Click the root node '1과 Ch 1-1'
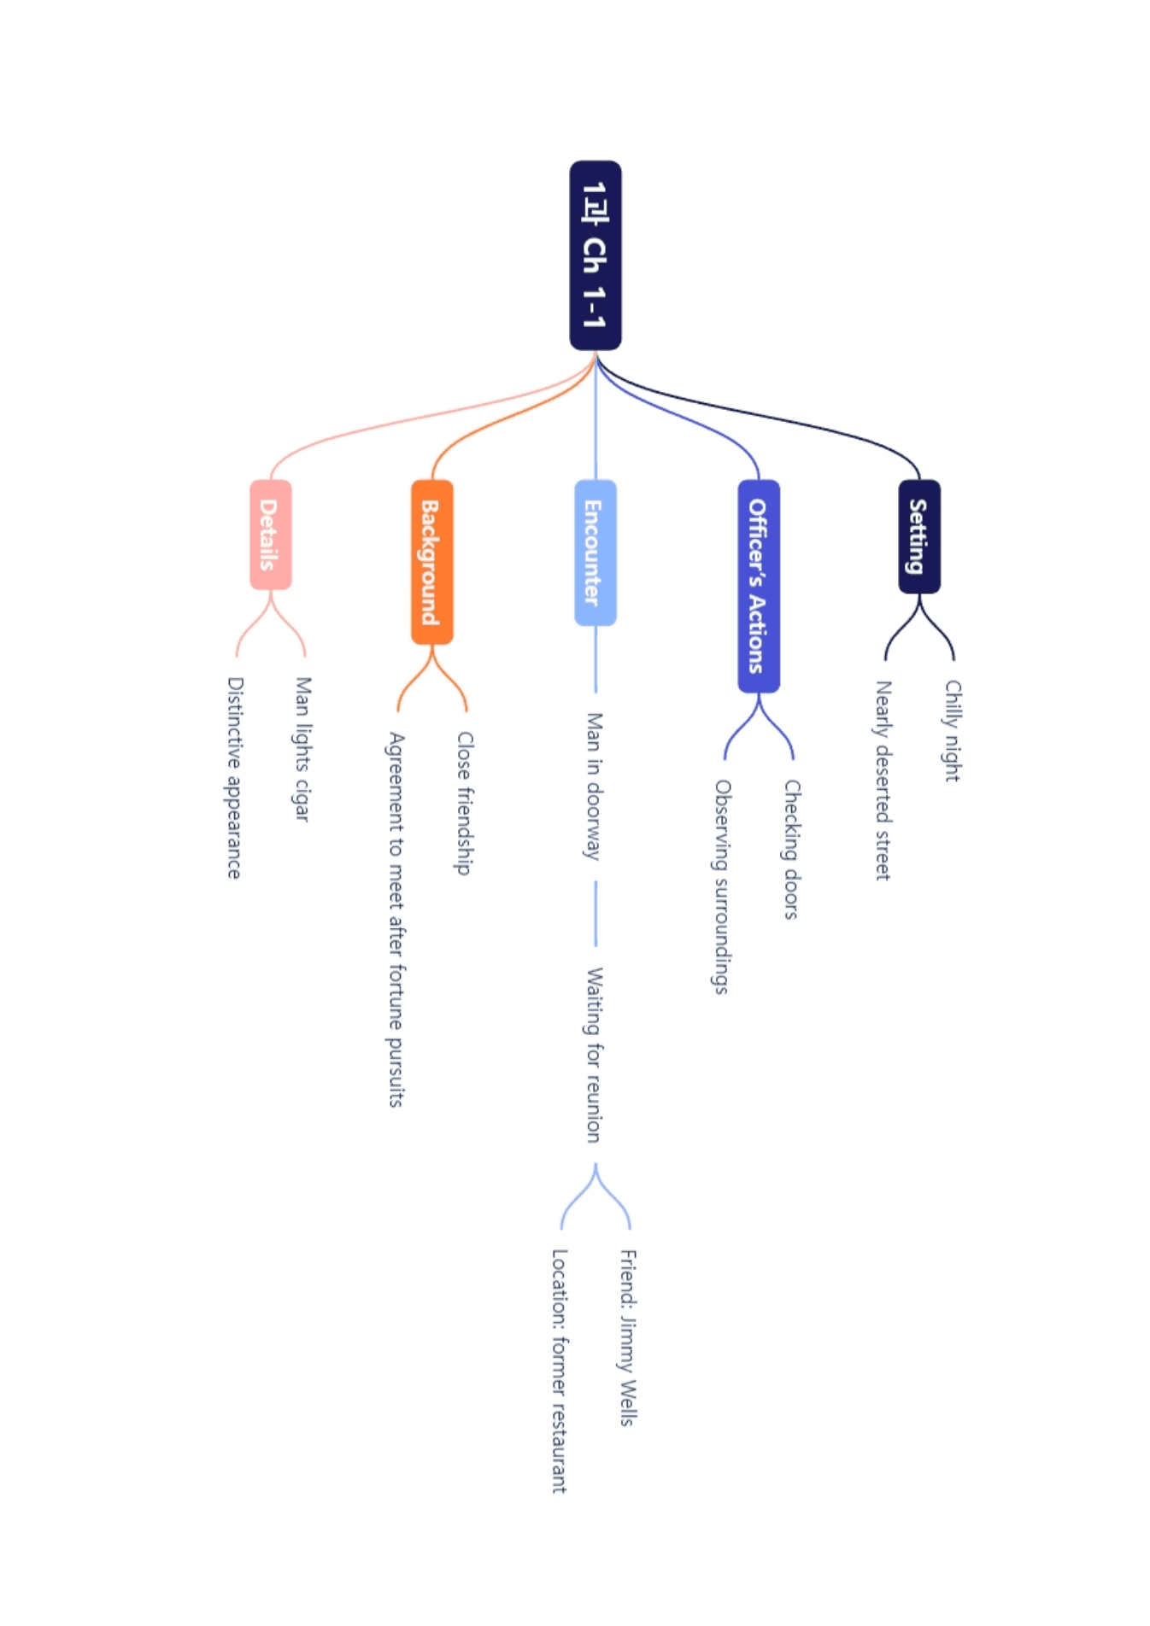[x=596, y=255]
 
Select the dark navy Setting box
[x=919, y=536]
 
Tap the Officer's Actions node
[x=759, y=586]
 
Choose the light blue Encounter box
[x=596, y=553]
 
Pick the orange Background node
[x=432, y=562]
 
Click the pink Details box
[x=271, y=535]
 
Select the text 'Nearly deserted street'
[x=883, y=781]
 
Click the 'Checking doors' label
[x=792, y=850]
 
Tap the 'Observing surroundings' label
[x=723, y=887]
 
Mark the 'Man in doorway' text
[x=594, y=787]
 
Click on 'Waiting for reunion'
[x=594, y=1055]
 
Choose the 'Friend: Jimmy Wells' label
[x=628, y=1338]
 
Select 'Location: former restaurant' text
[x=560, y=1371]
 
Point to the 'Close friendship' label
[x=465, y=803]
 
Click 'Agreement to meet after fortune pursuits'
[x=396, y=920]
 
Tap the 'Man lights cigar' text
[x=302, y=750]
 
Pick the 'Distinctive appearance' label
[x=234, y=778]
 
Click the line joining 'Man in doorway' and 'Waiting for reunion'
[x=596, y=914]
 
